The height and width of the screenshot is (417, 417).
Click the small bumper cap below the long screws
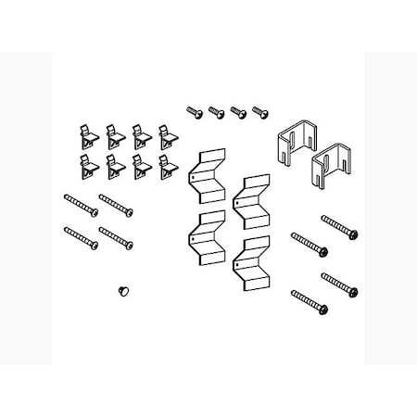[121, 290]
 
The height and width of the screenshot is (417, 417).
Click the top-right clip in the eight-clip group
[168, 134]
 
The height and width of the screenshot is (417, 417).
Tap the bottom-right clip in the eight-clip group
[168, 167]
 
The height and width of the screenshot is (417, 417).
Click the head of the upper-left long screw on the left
[68, 196]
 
